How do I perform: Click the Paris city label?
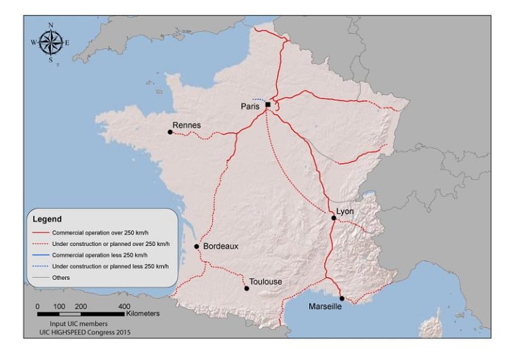click(x=251, y=107)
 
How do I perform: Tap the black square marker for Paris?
click(x=268, y=105)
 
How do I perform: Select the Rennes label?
click(x=187, y=125)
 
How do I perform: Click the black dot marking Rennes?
click(x=170, y=132)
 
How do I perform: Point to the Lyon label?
click(x=345, y=212)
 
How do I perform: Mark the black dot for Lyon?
click(x=334, y=218)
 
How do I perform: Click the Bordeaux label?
click(x=220, y=247)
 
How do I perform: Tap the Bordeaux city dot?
click(x=196, y=247)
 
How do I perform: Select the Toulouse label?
click(x=265, y=281)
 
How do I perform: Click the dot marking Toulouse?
click(x=247, y=289)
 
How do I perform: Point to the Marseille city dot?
click(x=342, y=298)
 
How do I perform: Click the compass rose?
click(x=50, y=42)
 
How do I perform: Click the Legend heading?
click(x=47, y=219)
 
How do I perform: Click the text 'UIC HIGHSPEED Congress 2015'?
click(x=85, y=333)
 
